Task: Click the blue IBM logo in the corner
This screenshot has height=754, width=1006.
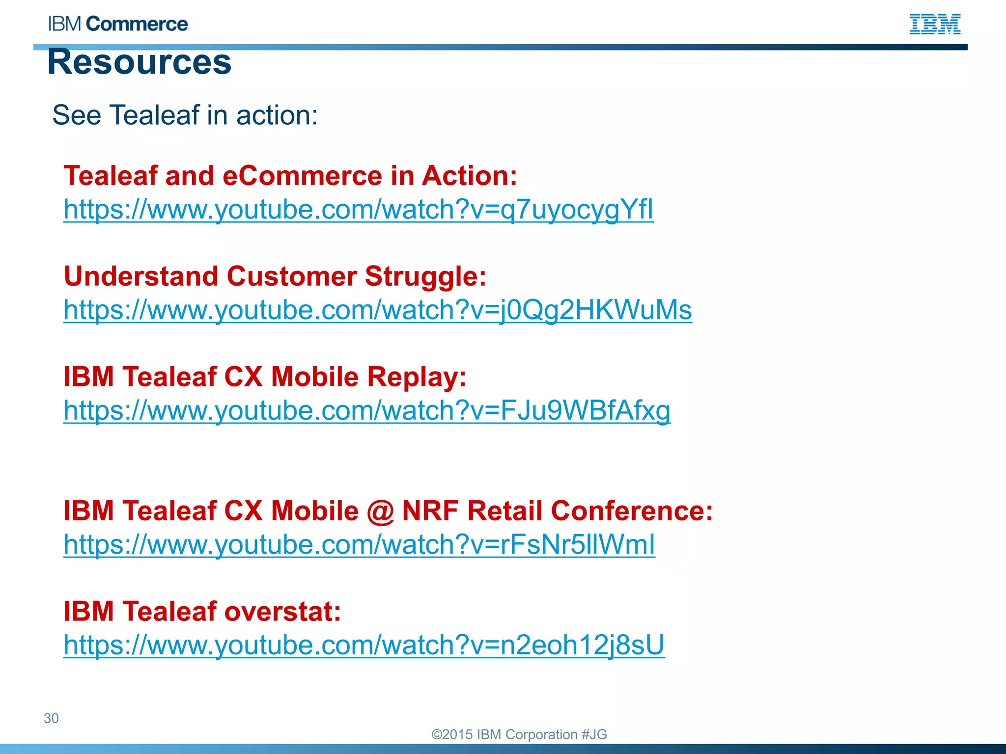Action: point(935,24)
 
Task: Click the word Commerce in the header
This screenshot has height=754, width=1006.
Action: point(137,24)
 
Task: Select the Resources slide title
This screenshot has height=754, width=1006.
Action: point(140,62)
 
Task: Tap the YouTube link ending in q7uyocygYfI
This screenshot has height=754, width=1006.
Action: point(359,210)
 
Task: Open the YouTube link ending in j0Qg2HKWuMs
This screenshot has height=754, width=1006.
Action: point(378,310)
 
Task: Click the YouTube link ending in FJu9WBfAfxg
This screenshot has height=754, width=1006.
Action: point(367,410)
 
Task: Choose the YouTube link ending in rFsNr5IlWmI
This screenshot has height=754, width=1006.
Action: point(359,544)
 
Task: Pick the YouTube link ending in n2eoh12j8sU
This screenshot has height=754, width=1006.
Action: point(364,645)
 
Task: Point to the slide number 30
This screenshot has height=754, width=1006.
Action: point(51,718)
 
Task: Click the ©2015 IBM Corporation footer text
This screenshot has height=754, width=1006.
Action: point(519,734)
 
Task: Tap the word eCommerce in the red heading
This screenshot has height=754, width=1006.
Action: point(302,176)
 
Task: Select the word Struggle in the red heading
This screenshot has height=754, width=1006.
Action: point(425,276)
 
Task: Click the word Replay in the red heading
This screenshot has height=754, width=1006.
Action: point(417,377)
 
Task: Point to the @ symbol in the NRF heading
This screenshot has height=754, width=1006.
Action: point(380,511)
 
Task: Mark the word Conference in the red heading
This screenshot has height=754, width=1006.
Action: point(632,511)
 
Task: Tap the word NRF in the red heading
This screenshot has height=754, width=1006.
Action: point(430,511)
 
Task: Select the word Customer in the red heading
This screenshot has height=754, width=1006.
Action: point(291,276)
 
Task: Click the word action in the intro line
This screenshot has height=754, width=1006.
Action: point(277,115)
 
